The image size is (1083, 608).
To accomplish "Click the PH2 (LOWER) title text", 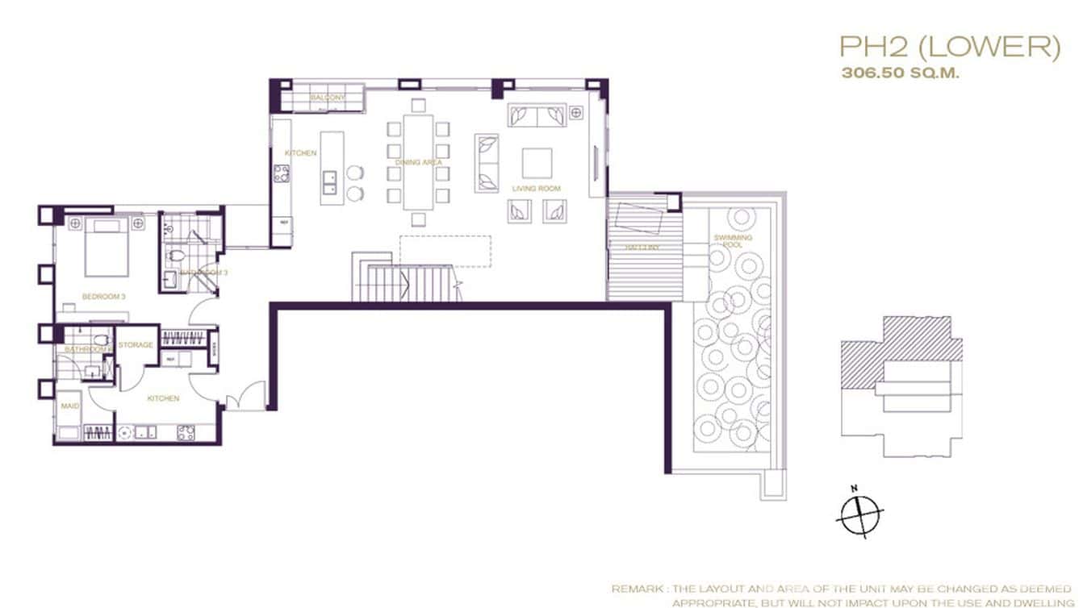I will point(949,48).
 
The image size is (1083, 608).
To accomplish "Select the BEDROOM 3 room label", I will point(103,297).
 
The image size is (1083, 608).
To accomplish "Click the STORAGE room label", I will point(136,345).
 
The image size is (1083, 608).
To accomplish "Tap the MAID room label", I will point(70,406).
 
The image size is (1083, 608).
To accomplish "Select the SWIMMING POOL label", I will point(733,241).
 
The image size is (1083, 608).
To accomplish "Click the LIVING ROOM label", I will point(537,189).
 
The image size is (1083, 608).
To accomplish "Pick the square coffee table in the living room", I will point(537,163).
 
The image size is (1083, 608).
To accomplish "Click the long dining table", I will point(419,161).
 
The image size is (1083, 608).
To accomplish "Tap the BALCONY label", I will point(328,98).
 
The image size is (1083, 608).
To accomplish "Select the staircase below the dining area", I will point(404,283).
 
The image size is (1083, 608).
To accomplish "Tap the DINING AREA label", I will point(418,163).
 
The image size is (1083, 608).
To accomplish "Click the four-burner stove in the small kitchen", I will point(186,431).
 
